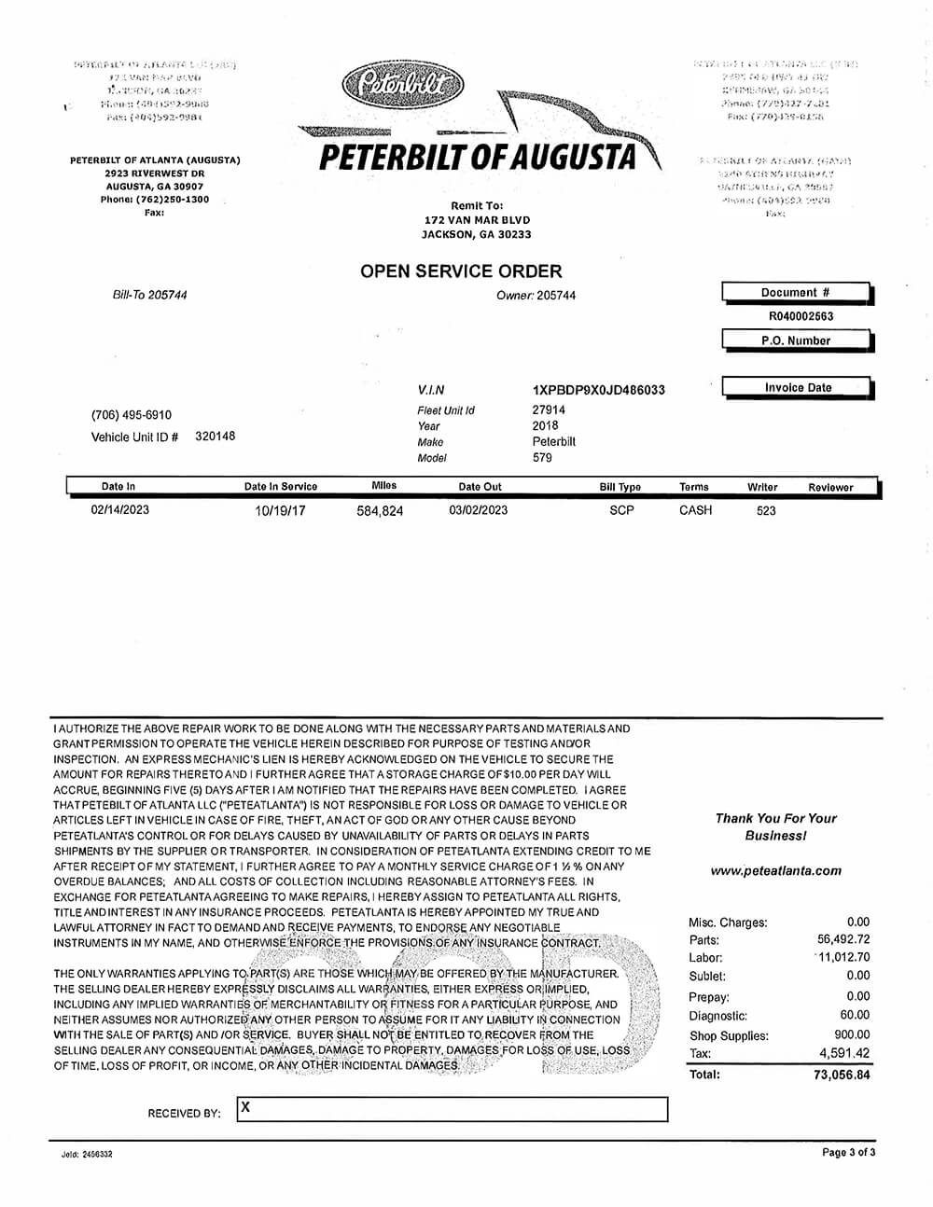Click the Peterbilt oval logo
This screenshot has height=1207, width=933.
pyautogui.click(x=402, y=85)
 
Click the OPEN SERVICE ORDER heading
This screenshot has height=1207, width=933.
pyautogui.click(x=461, y=271)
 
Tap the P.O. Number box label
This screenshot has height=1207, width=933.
pyautogui.click(x=795, y=340)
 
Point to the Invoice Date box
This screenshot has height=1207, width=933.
pyautogui.click(x=798, y=387)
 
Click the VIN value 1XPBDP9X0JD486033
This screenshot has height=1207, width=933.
pyautogui.click(x=598, y=390)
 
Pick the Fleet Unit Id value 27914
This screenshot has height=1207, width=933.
pyautogui.click(x=549, y=409)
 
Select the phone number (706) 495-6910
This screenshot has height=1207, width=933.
pyautogui.click(x=132, y=415)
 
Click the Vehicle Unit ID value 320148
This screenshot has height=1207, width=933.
pyautogui.click(x=215, y=436)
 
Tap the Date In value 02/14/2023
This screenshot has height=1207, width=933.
pyautogui.click(x=119, y=509)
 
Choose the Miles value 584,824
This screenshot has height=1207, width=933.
pyautogui.click(x=380, y=511)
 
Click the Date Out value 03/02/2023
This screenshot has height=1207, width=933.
pyautogui.click(x=479, y=510)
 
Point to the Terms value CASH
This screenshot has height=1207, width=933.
pyautogui.click(x=695, y=510)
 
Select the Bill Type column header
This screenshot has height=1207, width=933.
pyautogui.click(x=620, y=487)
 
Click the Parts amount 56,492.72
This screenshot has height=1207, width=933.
pyautogui.click(x=843, y=939)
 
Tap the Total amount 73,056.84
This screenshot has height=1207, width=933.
pyautogui.click(x=842, y=1075)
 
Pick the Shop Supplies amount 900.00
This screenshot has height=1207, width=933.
pyautogui.click(x=852, y=1034)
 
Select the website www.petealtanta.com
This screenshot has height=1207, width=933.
pyautogui.click(x=775, y=870)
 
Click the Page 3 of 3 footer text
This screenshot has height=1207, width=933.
pyautogui.click(x=848, y=1153)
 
